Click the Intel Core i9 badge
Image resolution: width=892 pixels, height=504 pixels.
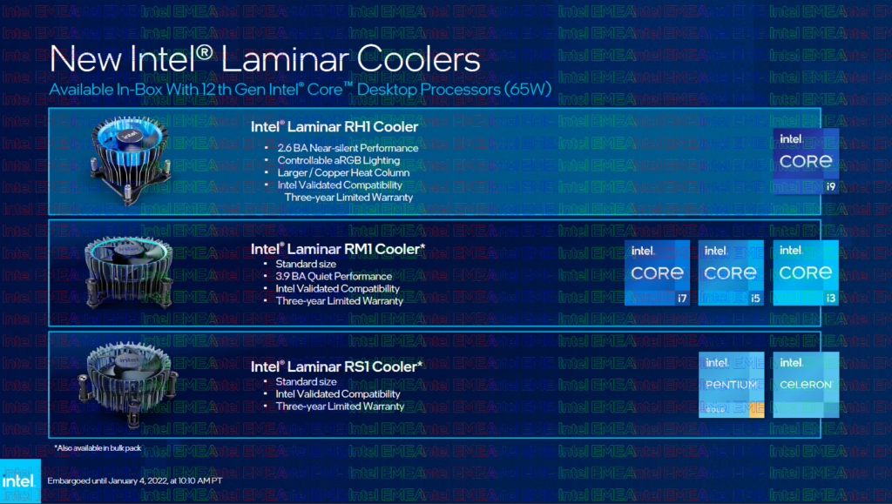tap(806, 161)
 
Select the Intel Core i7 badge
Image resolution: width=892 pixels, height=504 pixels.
tap(658, 272)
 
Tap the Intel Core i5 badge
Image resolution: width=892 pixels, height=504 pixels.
tap(731, 272)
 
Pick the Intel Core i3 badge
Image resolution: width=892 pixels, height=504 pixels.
tap(805, 272)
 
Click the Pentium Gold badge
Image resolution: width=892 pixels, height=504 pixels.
tap(731, 384)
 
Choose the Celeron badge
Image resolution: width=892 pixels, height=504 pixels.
tap(805, 384)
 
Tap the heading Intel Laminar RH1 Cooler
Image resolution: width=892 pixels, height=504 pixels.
tap(334, 127)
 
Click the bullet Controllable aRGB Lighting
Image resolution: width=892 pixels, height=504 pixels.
tap(339, 160)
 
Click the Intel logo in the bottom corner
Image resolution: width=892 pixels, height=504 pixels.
tap(19, 481)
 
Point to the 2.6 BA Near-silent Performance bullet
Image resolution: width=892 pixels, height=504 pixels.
tap(348, 148)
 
